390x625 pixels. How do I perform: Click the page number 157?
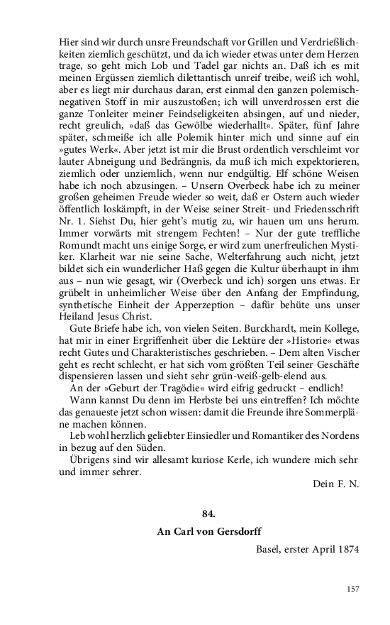coord(353,588)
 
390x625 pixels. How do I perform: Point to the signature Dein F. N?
coord(335,484)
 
